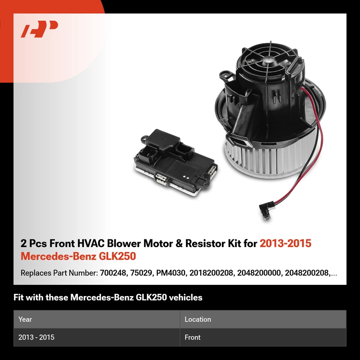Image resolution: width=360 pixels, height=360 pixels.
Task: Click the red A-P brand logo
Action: point(39,29)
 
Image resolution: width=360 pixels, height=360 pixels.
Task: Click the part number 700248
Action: point(113,273)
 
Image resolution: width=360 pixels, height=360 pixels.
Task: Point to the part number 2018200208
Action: point(211,273)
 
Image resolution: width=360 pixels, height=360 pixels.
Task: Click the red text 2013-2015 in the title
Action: point(285,243)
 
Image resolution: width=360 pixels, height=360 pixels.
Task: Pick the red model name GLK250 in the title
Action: point(117,256)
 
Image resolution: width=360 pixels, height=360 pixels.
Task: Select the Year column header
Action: point(25,319)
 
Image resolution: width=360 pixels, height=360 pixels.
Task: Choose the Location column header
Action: point(198,319)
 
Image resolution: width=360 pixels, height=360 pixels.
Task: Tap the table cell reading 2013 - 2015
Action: point(36,337)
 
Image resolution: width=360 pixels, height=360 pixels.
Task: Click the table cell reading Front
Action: point(193,337)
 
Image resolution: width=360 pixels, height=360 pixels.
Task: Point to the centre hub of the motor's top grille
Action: point(268,60)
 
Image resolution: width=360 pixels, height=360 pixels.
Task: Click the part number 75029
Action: point(141,273)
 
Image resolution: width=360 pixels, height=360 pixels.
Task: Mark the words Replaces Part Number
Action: point(59,273)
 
